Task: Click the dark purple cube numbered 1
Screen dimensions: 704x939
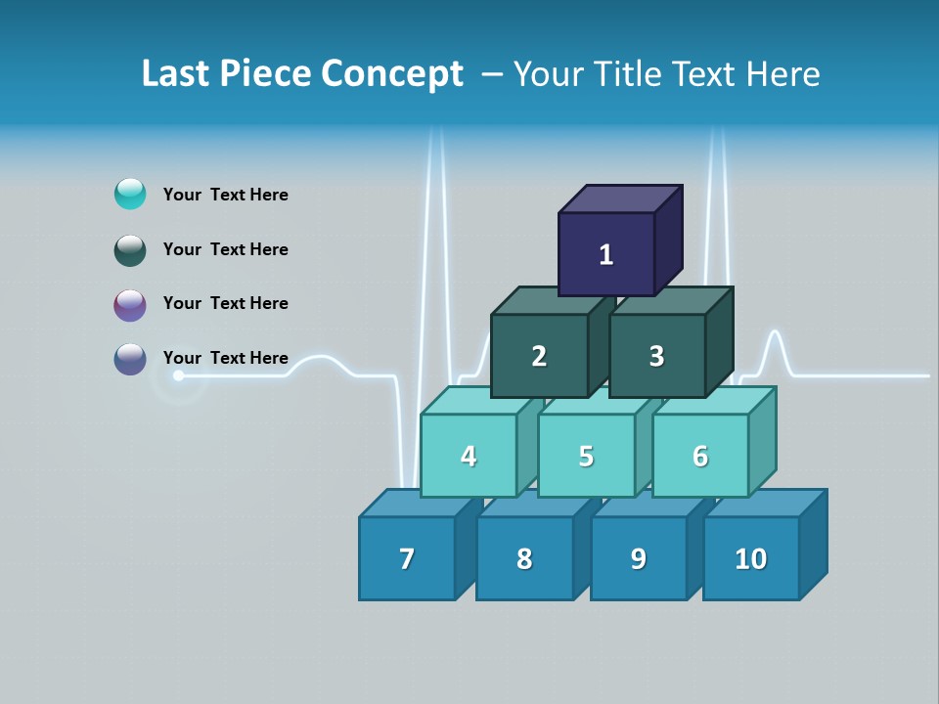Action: (x=606, y=254)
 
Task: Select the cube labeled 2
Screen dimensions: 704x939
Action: (x=539, y=356)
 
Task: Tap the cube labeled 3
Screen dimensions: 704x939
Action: (x=656, y=356)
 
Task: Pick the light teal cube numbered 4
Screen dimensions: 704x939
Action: (x=469, y=456)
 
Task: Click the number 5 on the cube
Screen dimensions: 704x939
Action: (x=586, y=457)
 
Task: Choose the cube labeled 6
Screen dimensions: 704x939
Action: (x=700, y=456)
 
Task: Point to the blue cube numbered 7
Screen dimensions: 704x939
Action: (x=407, y=558)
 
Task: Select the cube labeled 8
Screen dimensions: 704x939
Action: (x=524, y=558)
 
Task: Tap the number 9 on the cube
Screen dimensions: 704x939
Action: (x=638, y=558)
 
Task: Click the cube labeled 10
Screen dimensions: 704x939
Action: (x=750, y=558)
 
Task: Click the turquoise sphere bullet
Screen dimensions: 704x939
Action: (x=130, y=194)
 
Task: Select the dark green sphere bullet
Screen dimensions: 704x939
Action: (x=130, y=249)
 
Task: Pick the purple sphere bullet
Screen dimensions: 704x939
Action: (x=130, y=304)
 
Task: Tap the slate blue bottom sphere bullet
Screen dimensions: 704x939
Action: (x=130, y=359)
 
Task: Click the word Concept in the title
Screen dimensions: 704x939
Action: (x=391, y=74)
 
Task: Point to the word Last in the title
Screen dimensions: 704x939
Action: (x=178, y=74)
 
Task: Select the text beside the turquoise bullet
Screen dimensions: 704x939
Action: (x=225, y=195)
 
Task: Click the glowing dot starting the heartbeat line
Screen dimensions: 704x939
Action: (x=178, y=375)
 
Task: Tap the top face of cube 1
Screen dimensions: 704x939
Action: (x=620, y=198)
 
